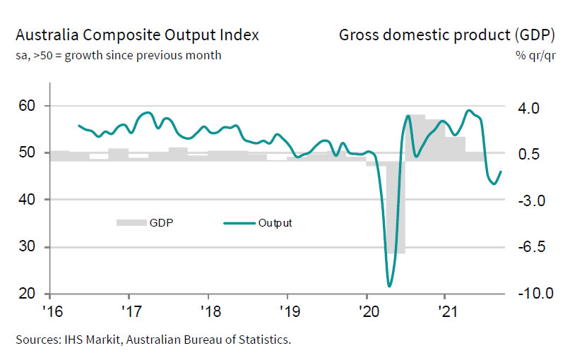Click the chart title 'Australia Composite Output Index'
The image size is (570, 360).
pyautogui.click(x=137, y=35)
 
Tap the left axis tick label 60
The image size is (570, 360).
pyautogui.click(x=27, y=106)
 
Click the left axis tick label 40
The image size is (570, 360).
pyautogui.click(x=27, y=200)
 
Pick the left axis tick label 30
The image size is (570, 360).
pyautogui.click(x=27, y=247)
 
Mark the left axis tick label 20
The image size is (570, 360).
pyautogui.click(x=27, y=294)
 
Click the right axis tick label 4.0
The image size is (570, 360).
pyautogui.click(x=530, y=108)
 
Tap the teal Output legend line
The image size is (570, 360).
pyautogui.click(x=238, y=223)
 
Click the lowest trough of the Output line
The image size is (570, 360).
pyautogui.click(x=389, y=285)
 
